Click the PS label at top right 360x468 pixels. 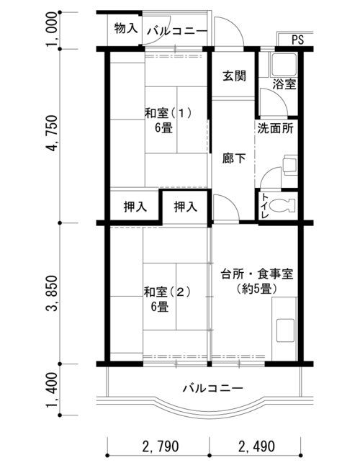click(297, 40)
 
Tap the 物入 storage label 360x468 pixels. click(126, 28)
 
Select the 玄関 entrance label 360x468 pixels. click(234, 76)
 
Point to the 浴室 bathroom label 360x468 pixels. click(284, 84)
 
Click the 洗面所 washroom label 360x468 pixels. click(275, 128)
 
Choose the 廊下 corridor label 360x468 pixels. click(234, 158)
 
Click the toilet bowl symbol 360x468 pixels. click(282, 206)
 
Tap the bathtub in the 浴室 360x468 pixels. click(283, 64)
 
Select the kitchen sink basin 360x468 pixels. click(285, 330)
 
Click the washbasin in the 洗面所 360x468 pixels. click(290, 164)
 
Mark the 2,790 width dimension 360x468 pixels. click(161, 446)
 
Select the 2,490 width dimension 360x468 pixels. click(257, 446)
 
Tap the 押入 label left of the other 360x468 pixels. click(135, 207)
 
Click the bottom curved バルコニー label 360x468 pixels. click(213, 388)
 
